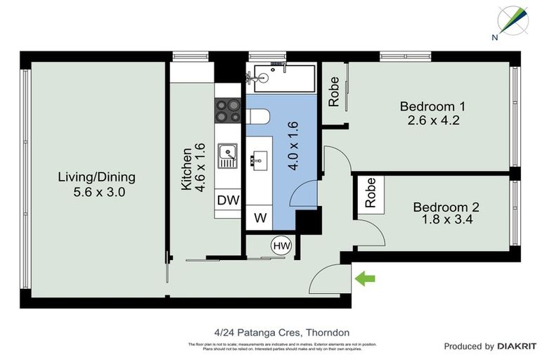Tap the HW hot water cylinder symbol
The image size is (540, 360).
pos(281,245)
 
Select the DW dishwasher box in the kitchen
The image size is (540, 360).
pos(228,200)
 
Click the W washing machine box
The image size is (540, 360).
pos(260,218)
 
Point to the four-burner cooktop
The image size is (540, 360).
pos(228,110)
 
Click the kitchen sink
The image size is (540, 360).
pos(227,155)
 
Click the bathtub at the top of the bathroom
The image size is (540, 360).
pos(280,77)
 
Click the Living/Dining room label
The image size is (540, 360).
pos(96,177)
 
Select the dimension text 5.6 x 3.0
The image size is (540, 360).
pos(96,191)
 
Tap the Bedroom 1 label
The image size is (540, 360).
pos(432,106)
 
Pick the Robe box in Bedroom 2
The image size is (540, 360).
pos(370,193)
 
